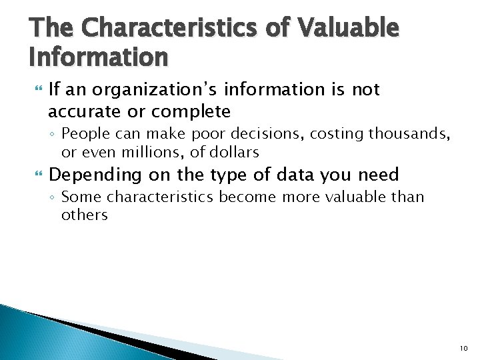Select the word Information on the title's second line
pyautogui.click(x=99, y=58)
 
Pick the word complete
pyautogui.click(x=194, y=111)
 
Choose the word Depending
pyautogui.click(x=95, y=175)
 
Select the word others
pyautogui.click(x=84, y=215)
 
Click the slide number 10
pyautogui.click(x=463, y=348)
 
